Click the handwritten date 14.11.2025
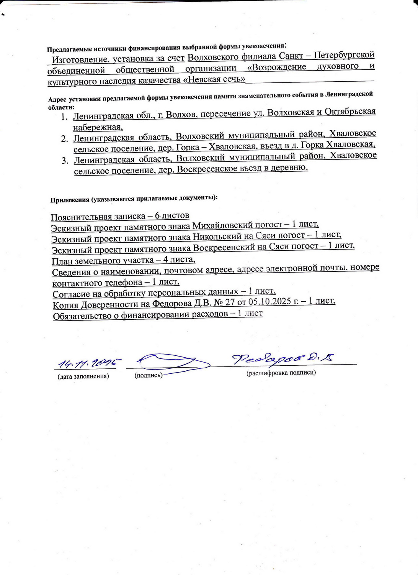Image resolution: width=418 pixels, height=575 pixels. [x=89, y=362]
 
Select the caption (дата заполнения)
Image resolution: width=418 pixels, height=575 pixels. [x=83, y=376]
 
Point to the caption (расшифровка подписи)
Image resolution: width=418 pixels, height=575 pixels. [x=281, y=373]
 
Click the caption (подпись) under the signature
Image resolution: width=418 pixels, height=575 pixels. [x=149, y=375]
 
